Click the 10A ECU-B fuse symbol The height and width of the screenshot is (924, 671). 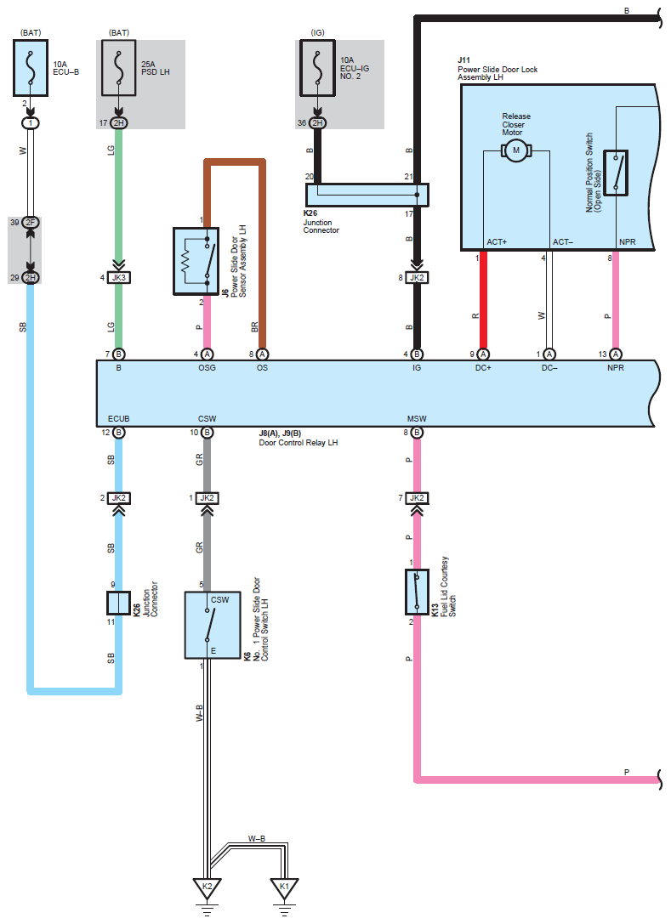[x=31, y=68]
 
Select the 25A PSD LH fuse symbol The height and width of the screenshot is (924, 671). [x=118, y=68]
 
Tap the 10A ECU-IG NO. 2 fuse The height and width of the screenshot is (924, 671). [x=317, y=68]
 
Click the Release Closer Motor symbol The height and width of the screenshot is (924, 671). [x=516, y=150]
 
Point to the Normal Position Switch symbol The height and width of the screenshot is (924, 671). [x=616, y=173]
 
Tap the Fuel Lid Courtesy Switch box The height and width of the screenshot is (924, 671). [x=417, y=592]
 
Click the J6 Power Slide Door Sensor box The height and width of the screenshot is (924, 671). [x=196, y=261]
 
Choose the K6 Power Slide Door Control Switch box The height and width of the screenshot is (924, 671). [x=213, y=625]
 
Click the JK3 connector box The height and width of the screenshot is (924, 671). [x=118, y=278]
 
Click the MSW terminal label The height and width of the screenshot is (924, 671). [x=417, y=418]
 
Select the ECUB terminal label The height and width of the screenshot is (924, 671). [x=118, y=418]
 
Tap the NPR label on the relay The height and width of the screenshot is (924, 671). [x=616, y=368]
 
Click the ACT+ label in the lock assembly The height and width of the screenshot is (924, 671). [x=497, y=242]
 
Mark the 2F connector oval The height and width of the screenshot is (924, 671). [x=31, y=223]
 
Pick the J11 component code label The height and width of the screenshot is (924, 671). [x=463, y=60]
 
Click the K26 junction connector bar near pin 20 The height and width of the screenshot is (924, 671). [x=367, y=195]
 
